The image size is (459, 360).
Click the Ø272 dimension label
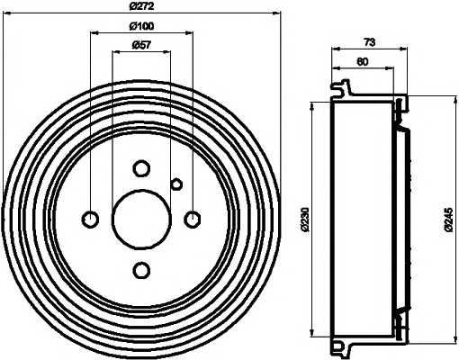pyautogui.click(x=141, y=6)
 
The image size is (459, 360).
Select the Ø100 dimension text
pyautogui.click(x=141, y=26)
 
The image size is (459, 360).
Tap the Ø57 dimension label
pyautogui.click(x=141, y=45)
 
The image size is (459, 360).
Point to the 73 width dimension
pyautogui.click(x=370, y=42)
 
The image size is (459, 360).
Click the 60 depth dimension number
pyautogui.click(x=363, y=62)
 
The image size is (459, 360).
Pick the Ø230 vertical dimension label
pyautogui.click(x=305, y=219)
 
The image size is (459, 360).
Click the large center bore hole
pyautogui.click(x=141, y=220)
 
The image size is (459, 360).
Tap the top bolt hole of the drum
pyautogui.click(x=141, y=168)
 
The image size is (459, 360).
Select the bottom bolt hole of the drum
pyautogui.click(x=141, y=270)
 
